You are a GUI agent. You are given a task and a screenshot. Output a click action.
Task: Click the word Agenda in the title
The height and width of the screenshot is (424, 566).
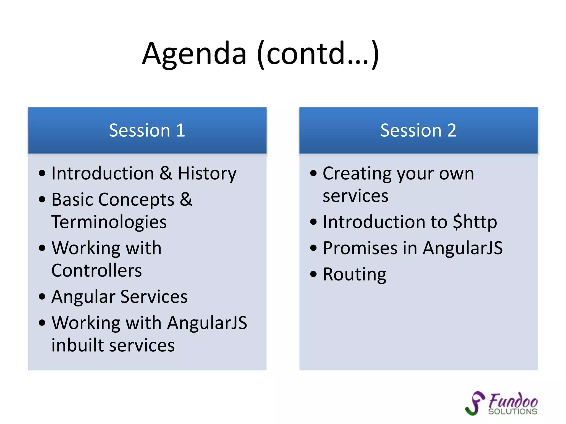coord(194,54)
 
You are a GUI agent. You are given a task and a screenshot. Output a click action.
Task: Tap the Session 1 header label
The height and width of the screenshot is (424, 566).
coord(147,130)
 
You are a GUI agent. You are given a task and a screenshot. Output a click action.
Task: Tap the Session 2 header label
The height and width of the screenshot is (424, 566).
coord(418,130)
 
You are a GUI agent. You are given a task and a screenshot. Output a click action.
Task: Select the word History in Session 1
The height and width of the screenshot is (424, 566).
coord(207,174)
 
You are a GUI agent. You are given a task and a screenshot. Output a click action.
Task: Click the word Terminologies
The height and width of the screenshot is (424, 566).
coord(109,222)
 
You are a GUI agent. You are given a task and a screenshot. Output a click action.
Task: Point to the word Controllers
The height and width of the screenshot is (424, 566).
coord(96,270)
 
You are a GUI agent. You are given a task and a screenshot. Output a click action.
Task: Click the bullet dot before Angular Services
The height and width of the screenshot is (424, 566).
coord(42,297)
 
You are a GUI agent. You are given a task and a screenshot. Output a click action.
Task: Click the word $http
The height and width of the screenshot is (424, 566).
coord(475,222)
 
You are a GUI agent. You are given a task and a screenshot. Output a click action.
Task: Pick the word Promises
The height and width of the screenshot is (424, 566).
coord(360,248)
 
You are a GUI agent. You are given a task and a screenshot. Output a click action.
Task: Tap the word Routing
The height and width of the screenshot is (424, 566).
coord(355,274)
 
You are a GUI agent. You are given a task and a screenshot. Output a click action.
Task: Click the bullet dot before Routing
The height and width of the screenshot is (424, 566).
coord(313,274)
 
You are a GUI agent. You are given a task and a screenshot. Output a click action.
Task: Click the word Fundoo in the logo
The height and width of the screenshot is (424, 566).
coord(513,401)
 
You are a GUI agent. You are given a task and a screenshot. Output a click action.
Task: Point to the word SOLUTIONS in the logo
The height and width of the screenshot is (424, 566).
coord(513,412)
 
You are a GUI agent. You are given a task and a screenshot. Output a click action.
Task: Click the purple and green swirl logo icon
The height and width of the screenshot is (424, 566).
coord(475,403)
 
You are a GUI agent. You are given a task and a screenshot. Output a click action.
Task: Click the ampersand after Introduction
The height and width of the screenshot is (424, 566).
coord(166,174)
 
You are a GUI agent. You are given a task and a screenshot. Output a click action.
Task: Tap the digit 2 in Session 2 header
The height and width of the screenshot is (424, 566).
coord(452,130)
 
